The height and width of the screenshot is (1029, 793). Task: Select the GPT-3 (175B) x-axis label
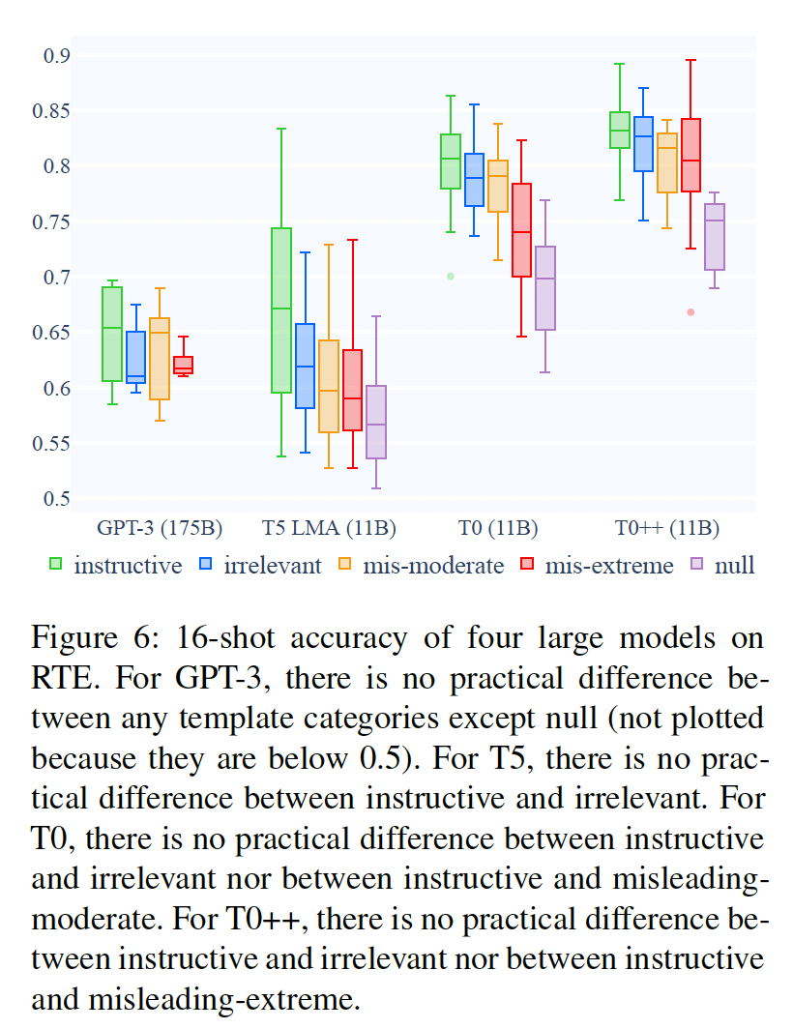pyautogui.click(x=160, y=528)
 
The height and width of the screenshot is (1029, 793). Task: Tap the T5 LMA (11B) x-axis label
pyautogui.click(x=329, y=528)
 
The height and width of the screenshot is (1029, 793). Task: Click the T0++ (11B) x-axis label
pyautogui.click(x=667, y=528)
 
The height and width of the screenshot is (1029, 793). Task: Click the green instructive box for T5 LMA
pyautogui.click(x=281, y=309)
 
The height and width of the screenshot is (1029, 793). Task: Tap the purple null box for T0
pyautogui.click(x=545, y=288)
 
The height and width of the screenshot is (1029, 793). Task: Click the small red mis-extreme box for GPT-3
pyautogui.click(x=183, y=365)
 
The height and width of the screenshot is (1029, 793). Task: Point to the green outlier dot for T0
pyautogui.click(x=450, y=277)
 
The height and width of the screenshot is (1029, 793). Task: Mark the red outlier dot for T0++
pyautogui.click(x=690, y=312)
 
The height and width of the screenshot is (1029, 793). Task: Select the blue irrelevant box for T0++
pyautogui.click(x=643, y=144)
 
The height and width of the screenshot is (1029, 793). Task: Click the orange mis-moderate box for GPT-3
pyautogui.click(x=160, y=358)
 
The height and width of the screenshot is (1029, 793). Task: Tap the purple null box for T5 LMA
pyautogui.click(x=376, y=422)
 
